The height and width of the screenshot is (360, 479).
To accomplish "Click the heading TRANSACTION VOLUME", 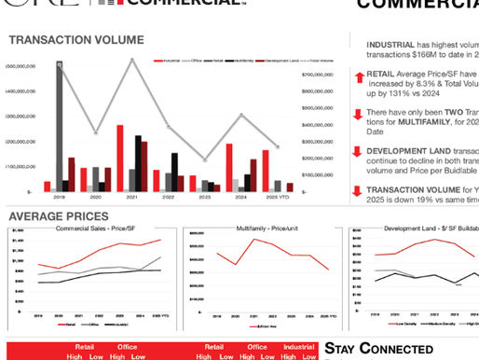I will click(x=76, y=40).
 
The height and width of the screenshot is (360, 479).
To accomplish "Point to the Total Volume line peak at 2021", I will click(x=133, y=60).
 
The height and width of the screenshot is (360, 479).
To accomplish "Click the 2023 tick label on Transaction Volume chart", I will click(x=204, y=198).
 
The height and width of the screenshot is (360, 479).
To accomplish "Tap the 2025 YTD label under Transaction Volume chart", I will click(x=276, y=198).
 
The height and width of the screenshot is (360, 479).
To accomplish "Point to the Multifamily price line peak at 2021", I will click(x=252, y=240).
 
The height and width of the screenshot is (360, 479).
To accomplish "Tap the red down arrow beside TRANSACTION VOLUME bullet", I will click(x=359, y=192).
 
